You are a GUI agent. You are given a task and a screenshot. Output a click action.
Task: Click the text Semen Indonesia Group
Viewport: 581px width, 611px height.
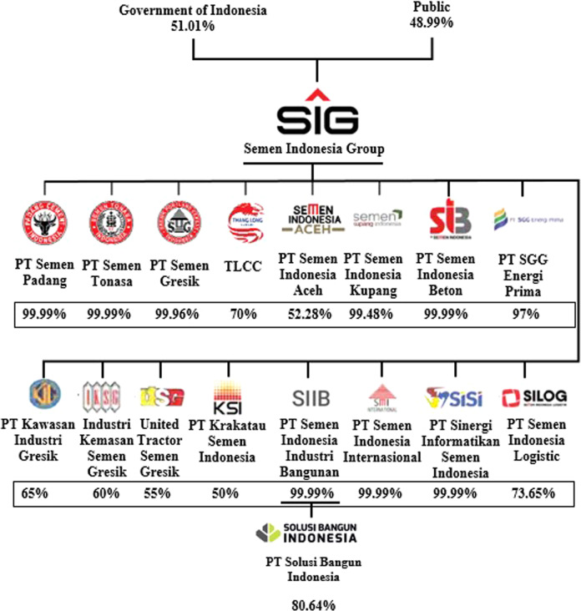[313, 149]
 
